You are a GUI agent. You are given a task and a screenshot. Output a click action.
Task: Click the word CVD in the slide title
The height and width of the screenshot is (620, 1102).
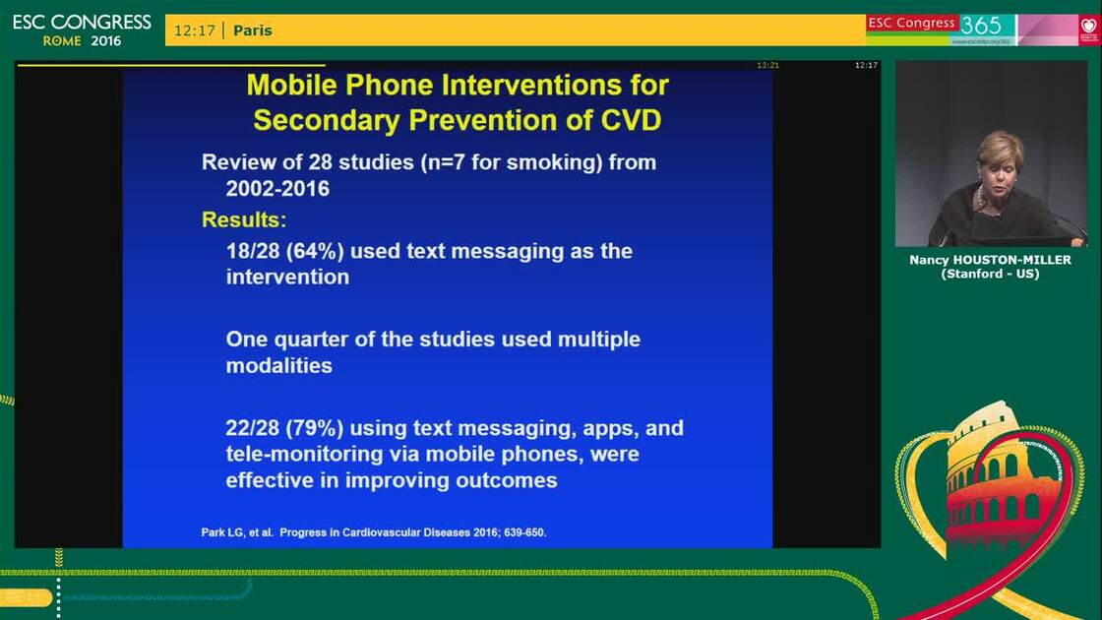click(631, 120)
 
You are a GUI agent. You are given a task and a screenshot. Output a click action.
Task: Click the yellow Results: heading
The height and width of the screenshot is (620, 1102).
click(244, 220)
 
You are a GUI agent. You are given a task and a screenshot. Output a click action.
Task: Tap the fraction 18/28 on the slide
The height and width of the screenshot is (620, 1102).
click(252, 251)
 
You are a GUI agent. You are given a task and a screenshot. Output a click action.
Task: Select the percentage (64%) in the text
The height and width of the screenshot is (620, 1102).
click(314, 251)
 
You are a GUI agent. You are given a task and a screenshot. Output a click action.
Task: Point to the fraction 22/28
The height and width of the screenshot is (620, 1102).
click(252, 428)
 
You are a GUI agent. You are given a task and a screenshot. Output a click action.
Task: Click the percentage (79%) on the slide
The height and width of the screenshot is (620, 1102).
click(314, 428)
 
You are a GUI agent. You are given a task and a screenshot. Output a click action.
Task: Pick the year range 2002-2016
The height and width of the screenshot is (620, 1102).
click(277, 188)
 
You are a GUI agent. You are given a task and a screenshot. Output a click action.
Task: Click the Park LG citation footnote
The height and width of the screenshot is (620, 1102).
click(374, 532)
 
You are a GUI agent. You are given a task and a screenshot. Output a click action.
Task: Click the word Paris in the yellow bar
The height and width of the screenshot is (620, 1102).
click(252, 31)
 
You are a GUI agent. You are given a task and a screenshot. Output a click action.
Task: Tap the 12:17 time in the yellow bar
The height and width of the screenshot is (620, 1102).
click(195, 31)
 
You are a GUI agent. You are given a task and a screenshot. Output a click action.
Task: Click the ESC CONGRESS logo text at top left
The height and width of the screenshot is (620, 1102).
click(82, 23)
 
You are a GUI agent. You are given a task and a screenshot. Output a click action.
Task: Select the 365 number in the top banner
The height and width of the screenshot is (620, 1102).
click(980, 26)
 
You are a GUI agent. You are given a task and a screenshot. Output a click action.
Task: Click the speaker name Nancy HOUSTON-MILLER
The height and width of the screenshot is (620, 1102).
click(990, 260)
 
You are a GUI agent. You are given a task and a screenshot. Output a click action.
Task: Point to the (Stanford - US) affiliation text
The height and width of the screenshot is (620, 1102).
click(990, 274)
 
